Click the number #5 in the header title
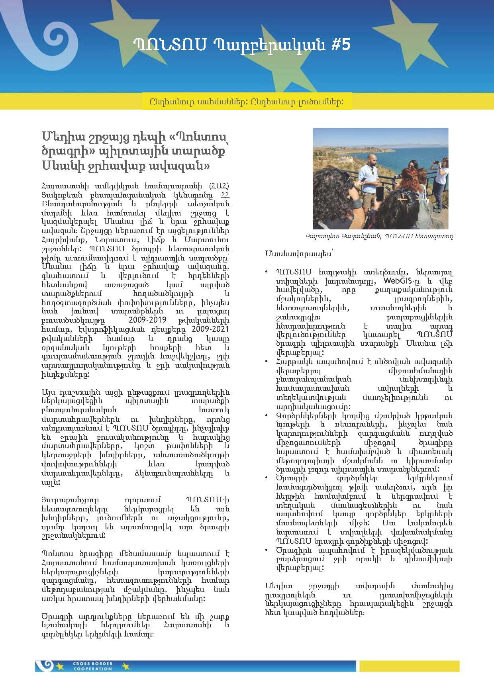pos(341,45)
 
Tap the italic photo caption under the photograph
pos(380,236)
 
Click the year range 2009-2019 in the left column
pos(148,320)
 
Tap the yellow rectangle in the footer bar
pos(409,666)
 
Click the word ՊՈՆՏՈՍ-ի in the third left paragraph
pos(207,500)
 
